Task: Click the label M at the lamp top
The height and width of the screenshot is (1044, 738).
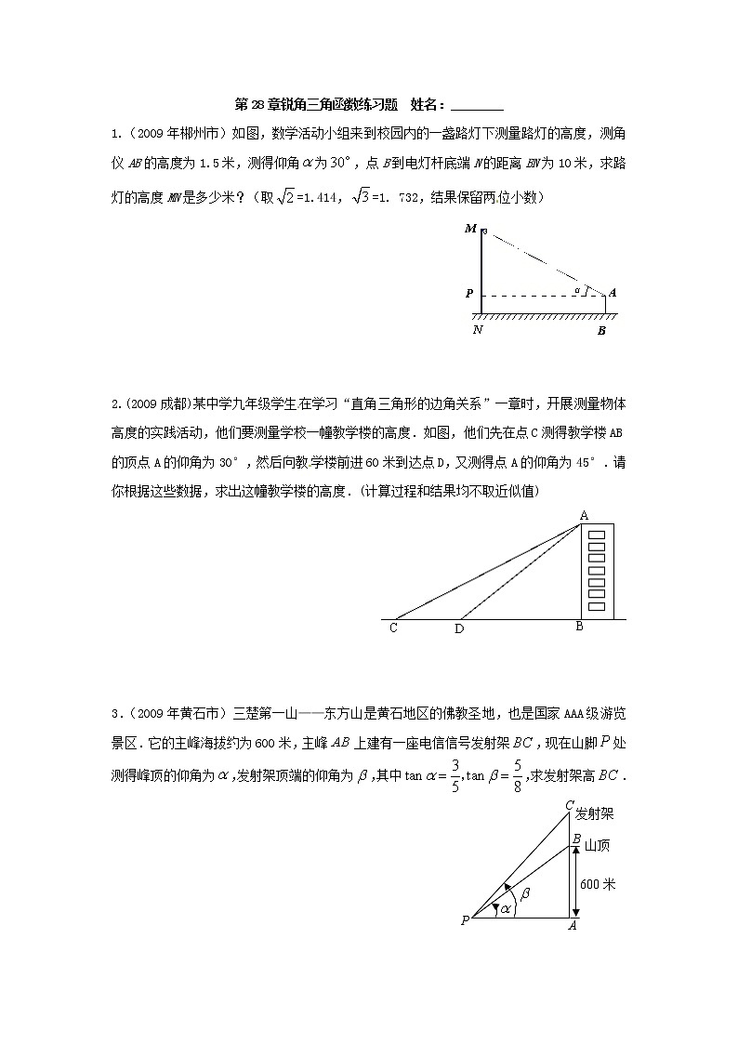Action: tap(470, 229)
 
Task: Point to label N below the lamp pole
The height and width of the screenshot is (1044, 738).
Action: tap(478, 330)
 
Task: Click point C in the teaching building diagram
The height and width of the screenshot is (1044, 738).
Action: tap(394, 628)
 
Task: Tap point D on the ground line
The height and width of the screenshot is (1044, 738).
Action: tap(459, 629)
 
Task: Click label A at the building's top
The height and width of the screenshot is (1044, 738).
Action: tap(584, 515)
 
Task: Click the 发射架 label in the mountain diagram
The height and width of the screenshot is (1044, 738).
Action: tap(595, 813)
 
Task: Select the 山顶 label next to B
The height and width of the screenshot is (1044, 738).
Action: tap(597, 844)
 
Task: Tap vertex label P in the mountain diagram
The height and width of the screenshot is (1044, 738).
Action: tap(464, 920)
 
